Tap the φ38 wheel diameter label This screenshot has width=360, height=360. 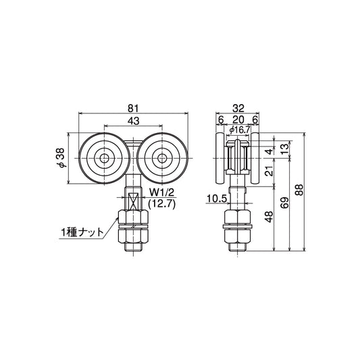tap(61, 159)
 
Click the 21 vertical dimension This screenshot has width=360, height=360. tap(269, 172)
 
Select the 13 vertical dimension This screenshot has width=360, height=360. tap(284, 147)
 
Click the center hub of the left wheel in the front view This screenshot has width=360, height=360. tap(105, 159)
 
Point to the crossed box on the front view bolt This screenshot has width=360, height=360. tap(132, 201)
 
